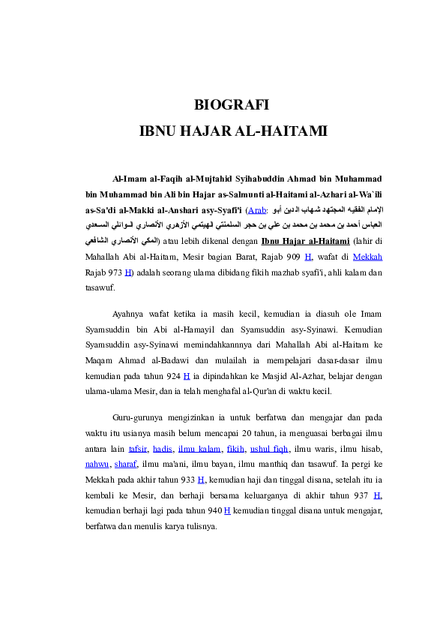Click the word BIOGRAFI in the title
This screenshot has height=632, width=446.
tap(231, 104)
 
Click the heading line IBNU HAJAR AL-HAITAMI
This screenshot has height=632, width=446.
tap(233, 131)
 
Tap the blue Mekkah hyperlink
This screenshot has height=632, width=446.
tap(367, 256)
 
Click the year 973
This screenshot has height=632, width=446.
tap(115, 271)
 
